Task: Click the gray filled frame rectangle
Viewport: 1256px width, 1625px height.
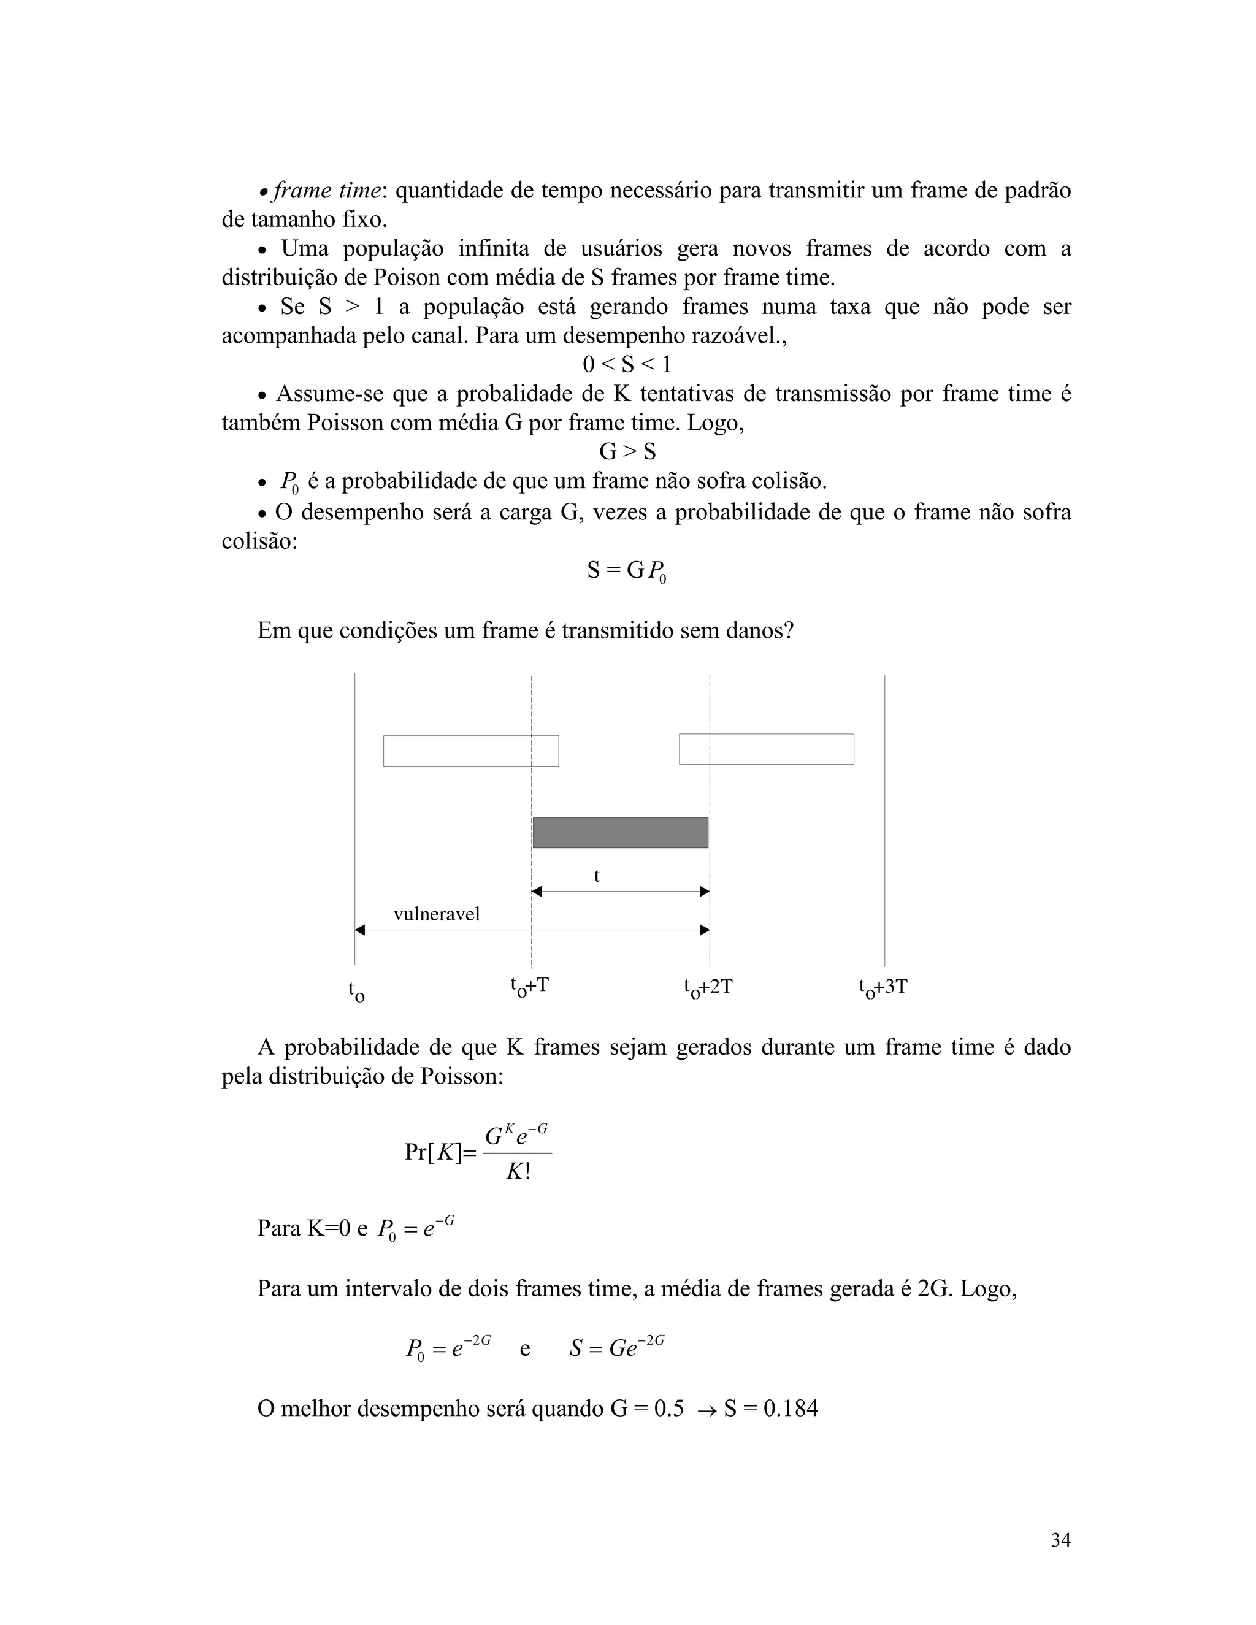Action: point(620,833)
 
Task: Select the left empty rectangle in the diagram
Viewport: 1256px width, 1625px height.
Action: point(470,751)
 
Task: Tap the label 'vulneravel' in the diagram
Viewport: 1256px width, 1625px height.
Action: point(436,914)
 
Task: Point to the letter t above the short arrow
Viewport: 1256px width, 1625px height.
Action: point(597,876)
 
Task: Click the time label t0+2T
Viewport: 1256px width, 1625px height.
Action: point(708,987)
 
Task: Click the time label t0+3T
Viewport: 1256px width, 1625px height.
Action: point(883,987)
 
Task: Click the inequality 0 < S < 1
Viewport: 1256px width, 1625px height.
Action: point(627,365)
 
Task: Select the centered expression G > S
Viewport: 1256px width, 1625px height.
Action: point(627,452)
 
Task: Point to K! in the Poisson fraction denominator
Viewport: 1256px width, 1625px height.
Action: point(518,1172)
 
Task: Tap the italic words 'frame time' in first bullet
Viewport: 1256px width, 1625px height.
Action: point(327,191)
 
